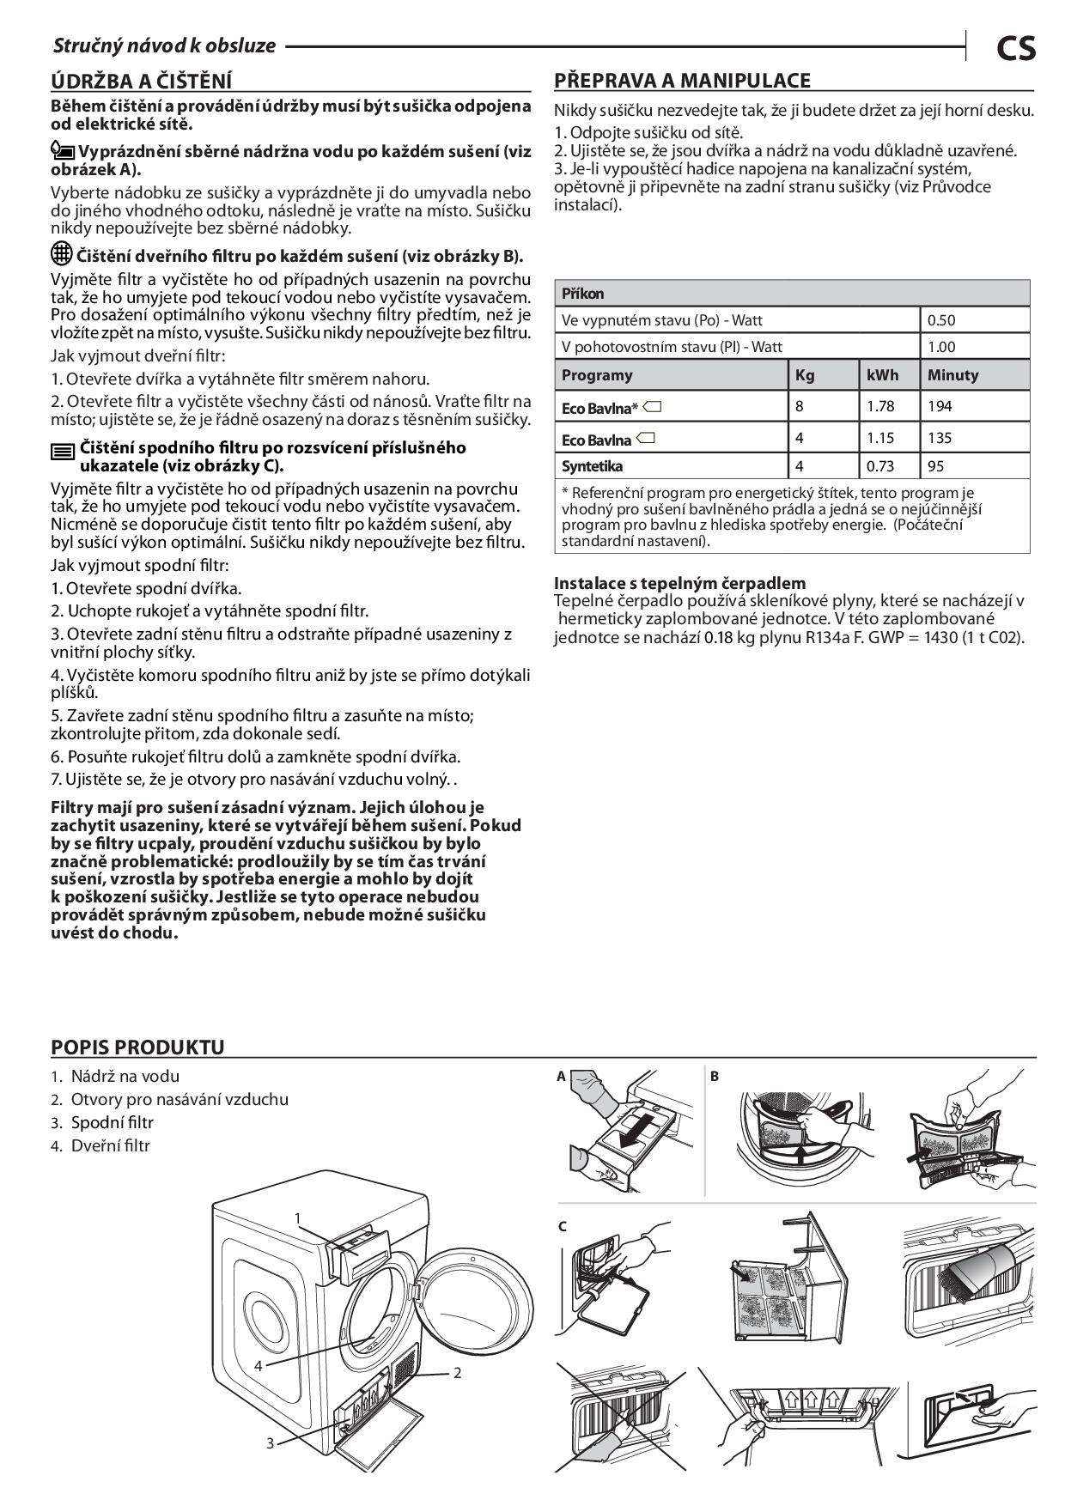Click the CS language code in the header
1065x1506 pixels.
(1015, 47)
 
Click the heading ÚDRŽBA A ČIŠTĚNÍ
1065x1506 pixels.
(142, 81)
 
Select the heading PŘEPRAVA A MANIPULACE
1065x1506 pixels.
(682, 81)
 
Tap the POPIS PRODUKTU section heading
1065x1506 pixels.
(137, 1047)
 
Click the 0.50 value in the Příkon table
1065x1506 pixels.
(941, 320)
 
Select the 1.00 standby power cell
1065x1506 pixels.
(941, 347)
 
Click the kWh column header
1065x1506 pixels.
(882, 375)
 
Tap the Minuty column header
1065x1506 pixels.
(952, 375)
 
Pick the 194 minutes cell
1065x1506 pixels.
(940, 406)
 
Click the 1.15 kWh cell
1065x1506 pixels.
(880, 438)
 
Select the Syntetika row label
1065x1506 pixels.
(592, 466)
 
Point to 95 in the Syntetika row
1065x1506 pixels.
(935, 466)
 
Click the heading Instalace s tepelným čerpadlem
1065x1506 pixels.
(679, 583)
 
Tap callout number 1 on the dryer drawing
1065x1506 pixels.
(297, 1218)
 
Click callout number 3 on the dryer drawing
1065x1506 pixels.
(270, 1443)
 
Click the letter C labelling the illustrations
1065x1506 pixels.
(563, 1226)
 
